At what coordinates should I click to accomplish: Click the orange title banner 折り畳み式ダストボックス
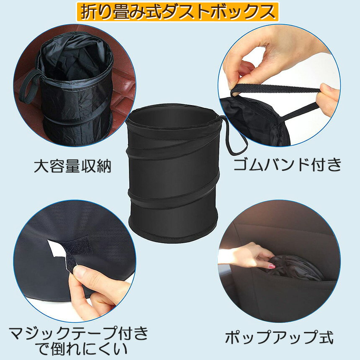(x=177, y=12)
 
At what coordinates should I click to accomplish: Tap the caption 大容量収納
(x=72, y=166)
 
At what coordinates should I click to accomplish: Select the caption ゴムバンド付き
(x=288, y=165)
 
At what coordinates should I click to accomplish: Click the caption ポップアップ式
(x=279, y=337)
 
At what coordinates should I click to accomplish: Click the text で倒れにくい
(x=82, y=350)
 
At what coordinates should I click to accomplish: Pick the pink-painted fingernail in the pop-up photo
(x=272, y=266)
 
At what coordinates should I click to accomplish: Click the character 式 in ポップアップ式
(x=326, y=337)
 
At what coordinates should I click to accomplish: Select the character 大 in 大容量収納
(x=41, y=166)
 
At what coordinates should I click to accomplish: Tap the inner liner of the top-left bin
(x=74, y=60)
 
